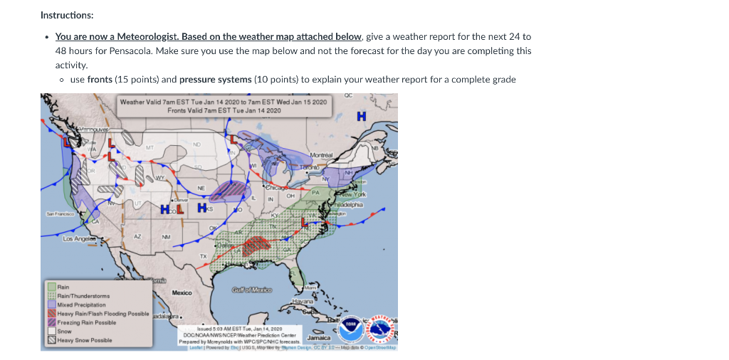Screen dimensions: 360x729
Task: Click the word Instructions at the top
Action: [66, 15]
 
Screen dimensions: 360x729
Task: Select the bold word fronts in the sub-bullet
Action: [100, 79]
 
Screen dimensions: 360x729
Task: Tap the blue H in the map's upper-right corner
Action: [362, 115]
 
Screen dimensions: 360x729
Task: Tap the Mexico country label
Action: [182, 292]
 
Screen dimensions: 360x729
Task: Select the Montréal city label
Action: [323, 154]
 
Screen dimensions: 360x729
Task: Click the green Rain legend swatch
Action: [51, 287]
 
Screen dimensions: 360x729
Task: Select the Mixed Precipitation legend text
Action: [81, 305]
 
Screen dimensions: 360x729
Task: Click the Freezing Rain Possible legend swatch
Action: [51, 322]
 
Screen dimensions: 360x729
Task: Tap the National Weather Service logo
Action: [379, 330]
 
